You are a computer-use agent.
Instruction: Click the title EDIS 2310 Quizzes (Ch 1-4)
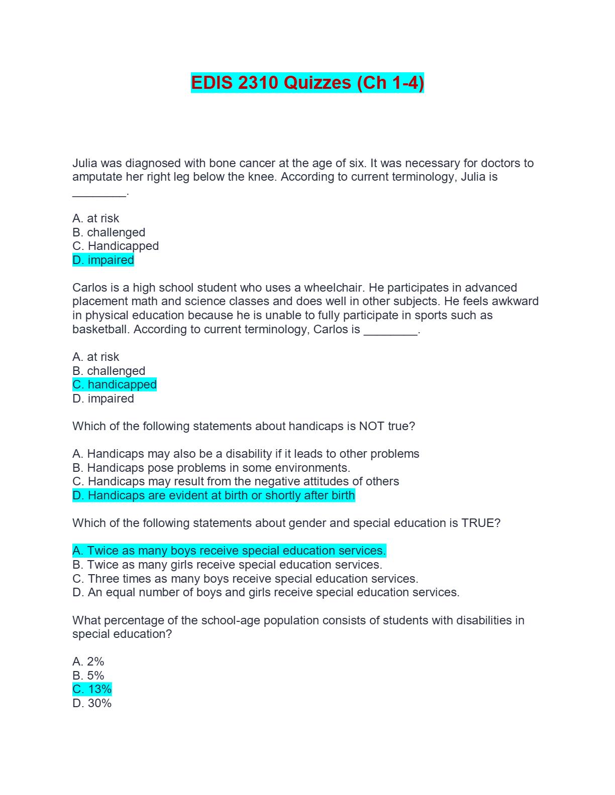[x=307, y=83]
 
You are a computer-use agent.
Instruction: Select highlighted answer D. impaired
[x=103, y=260]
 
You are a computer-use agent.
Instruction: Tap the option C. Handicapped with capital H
[x=116, y=246]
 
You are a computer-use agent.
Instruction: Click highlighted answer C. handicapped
[x=115, y=384]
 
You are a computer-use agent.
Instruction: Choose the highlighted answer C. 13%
[x=92, y=689]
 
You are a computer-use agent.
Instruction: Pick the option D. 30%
[x=92, y=703]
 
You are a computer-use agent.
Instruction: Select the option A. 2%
[x=88, y=661]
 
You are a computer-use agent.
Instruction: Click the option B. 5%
[x=88, y=676]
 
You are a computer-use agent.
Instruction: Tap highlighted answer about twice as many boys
[x=229, y=551]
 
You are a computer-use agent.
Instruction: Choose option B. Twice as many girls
[x=227, y=565]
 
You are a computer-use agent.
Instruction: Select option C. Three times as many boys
[x=245, y=579]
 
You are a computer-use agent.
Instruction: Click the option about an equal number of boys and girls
[x=266, y=592]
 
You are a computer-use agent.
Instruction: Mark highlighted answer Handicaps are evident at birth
[x=214, y=495]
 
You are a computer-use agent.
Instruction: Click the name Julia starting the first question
[x=85, y=163]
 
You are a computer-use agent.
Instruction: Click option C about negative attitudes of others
[x=236, y=481]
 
